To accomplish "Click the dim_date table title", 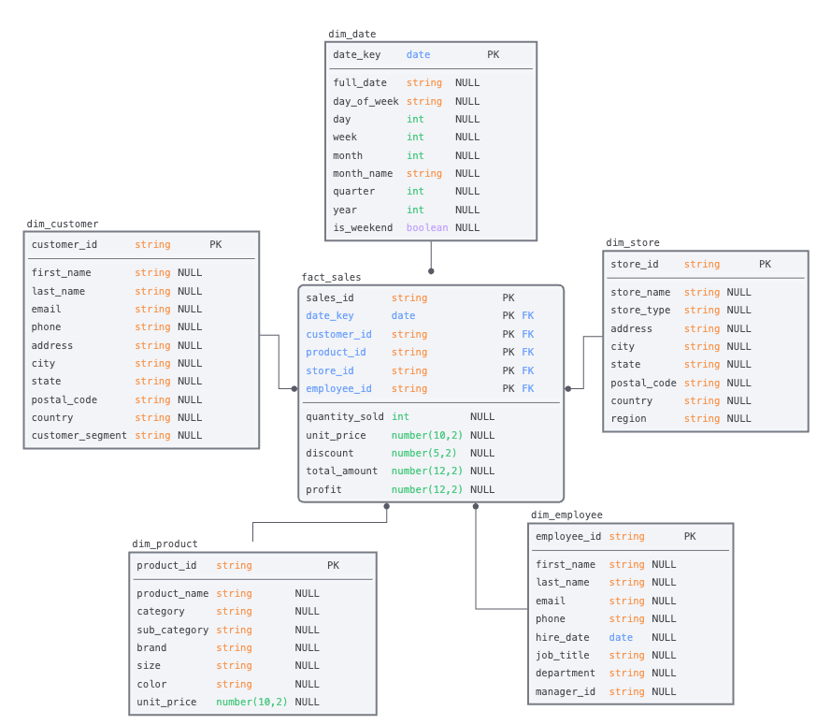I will (x=351, y=35).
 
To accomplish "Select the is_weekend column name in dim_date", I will (x=363, y=228).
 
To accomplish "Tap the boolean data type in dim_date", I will (x=426, y=228).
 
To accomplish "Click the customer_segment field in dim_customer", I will (x=79, y=436).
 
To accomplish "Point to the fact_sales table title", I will (x=331, y=278).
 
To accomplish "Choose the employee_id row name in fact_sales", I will (x=338, y=389).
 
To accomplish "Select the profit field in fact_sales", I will (x=323, y=490).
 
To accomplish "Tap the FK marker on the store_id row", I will (x=527, y=371).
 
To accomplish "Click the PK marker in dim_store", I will (x=765, y=265).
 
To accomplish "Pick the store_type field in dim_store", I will (x=640, y=311).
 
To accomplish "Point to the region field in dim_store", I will (x=628, y=419).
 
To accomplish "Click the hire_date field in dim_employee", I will (x=562, y=638).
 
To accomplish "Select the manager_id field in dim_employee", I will (x=565, y=692).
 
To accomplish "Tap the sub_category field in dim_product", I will (x=172, y=631).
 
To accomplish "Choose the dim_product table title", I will (x=165, y=544).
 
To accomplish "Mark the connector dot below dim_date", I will (x=431, y=271).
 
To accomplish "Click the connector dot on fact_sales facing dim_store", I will (x=567, y=388).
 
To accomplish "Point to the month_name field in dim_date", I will (x=363, y=174).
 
